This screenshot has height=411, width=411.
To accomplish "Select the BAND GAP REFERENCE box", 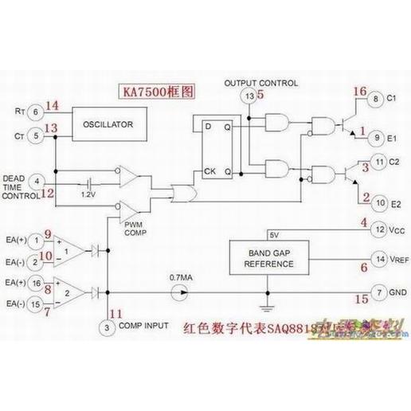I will tap(268, 256).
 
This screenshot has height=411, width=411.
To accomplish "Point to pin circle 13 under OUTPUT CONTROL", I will tap(249, 96).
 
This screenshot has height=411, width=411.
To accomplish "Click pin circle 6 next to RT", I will tap(35, 113).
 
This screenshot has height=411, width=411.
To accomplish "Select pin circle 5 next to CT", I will tap(35, 136).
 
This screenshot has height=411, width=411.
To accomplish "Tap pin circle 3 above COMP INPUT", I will tap(107, 327).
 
